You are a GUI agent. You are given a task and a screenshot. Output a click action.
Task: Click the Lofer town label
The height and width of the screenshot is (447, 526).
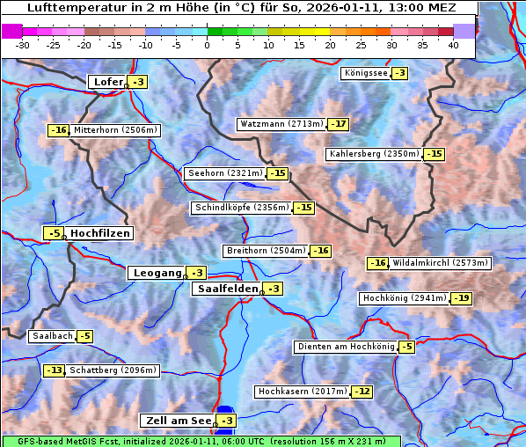(107, 82)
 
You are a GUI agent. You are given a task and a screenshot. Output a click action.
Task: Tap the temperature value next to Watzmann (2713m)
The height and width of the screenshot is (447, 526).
(339, 124)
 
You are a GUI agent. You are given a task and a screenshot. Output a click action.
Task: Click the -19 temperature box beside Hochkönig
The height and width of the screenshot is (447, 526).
(462, 298)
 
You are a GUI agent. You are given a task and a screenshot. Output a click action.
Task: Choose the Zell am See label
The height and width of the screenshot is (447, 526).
(177, 421)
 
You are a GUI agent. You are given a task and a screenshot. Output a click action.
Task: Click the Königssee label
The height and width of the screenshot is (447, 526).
(365, 73)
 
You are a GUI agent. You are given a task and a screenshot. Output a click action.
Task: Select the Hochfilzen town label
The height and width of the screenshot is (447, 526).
(99, 233)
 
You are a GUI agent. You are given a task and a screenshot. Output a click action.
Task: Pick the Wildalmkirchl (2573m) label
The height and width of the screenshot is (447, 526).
(440, 263)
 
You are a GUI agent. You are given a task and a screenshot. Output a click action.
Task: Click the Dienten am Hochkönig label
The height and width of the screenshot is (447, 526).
(345, 347)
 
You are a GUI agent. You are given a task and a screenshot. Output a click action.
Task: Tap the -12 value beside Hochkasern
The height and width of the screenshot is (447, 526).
(362, 391)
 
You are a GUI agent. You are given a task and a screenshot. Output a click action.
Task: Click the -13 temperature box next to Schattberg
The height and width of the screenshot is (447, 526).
(55, 370)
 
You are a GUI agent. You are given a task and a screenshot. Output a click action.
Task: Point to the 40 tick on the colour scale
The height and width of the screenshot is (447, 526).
(453, 45)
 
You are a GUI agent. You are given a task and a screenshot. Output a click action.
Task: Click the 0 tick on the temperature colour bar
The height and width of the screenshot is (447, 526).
(207, 45)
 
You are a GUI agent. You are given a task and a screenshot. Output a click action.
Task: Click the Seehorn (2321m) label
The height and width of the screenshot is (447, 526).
(225, 173)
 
